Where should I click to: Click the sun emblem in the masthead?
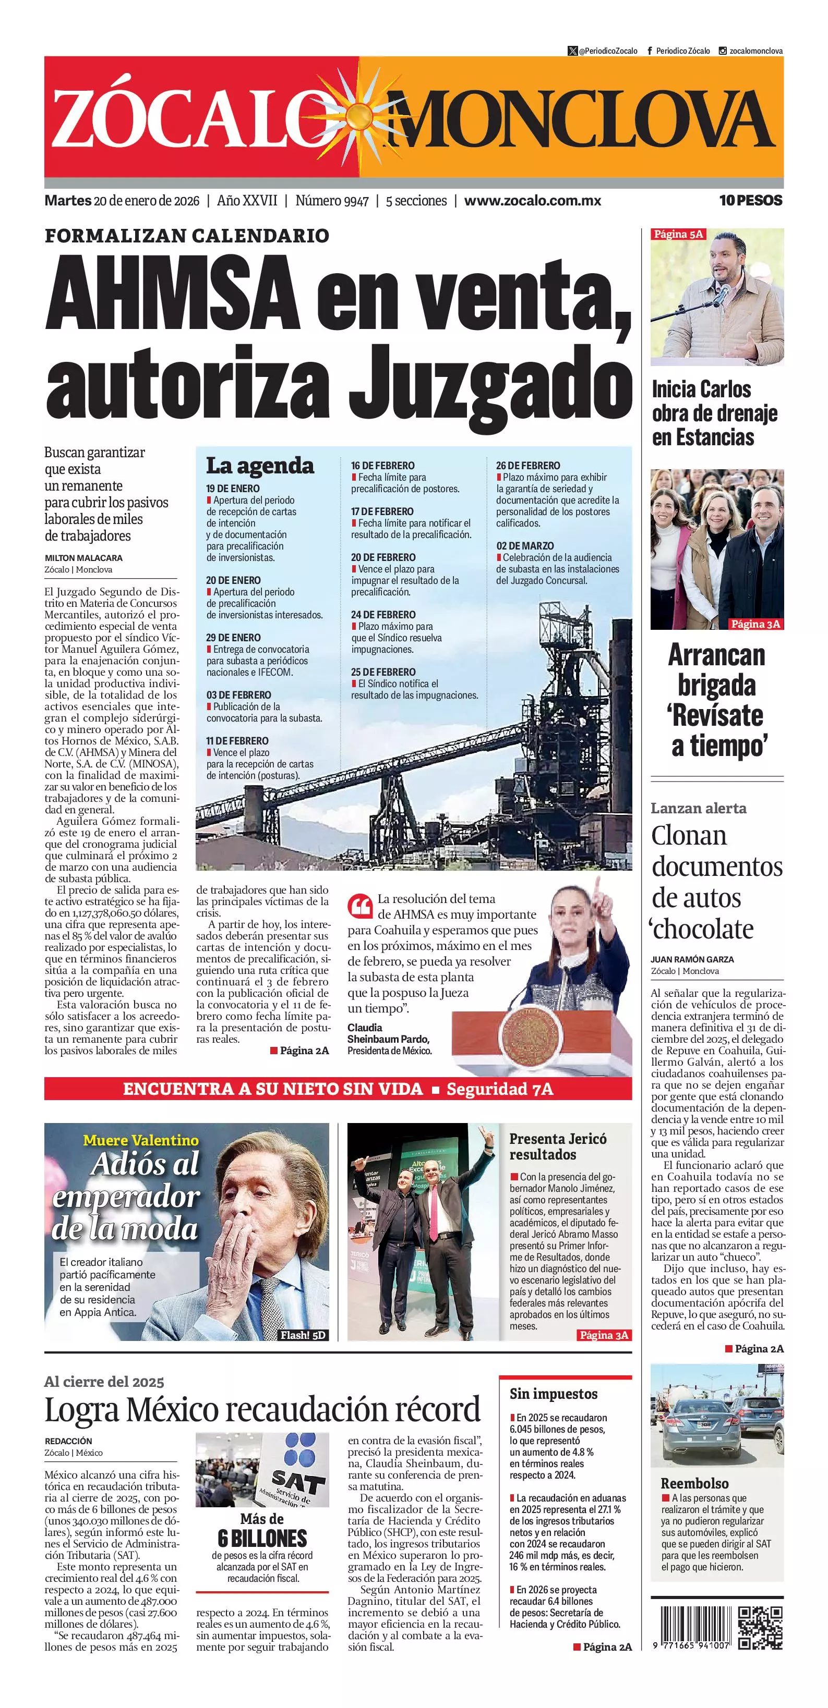(x=358, y=115)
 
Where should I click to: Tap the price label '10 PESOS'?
(x=750, y=200)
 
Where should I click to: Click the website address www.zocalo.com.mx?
(x=532, y=201)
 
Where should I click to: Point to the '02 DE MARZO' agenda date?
(x=525, y=546)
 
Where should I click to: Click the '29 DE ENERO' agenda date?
(x=233, y=637)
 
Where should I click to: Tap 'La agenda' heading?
(x=259, y=466)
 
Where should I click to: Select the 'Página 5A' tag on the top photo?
(x=678, y=234)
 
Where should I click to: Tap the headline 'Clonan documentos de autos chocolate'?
(x=716, y=882)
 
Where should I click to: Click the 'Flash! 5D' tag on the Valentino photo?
(x=303, y=1335)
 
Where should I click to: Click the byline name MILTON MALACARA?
(x=83, y=558)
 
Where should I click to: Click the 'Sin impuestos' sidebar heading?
(x=554, y=1394)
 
